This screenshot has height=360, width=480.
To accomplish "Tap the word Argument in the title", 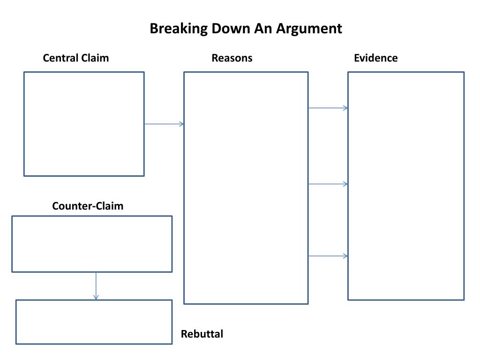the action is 309,29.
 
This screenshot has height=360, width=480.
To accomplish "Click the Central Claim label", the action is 75,58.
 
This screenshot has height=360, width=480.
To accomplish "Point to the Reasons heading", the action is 232,58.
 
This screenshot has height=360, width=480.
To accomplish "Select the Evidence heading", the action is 375,58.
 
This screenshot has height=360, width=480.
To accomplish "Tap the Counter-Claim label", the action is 88,206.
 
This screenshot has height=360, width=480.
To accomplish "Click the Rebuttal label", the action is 202,334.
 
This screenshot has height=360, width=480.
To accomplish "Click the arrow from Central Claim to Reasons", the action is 164,124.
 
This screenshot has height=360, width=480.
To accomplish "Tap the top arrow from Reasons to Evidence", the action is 328,108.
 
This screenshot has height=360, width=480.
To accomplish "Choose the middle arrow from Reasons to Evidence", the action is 328,184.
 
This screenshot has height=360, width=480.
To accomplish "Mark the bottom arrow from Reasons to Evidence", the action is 328,256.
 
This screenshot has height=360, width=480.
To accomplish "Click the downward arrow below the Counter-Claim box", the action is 96,286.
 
